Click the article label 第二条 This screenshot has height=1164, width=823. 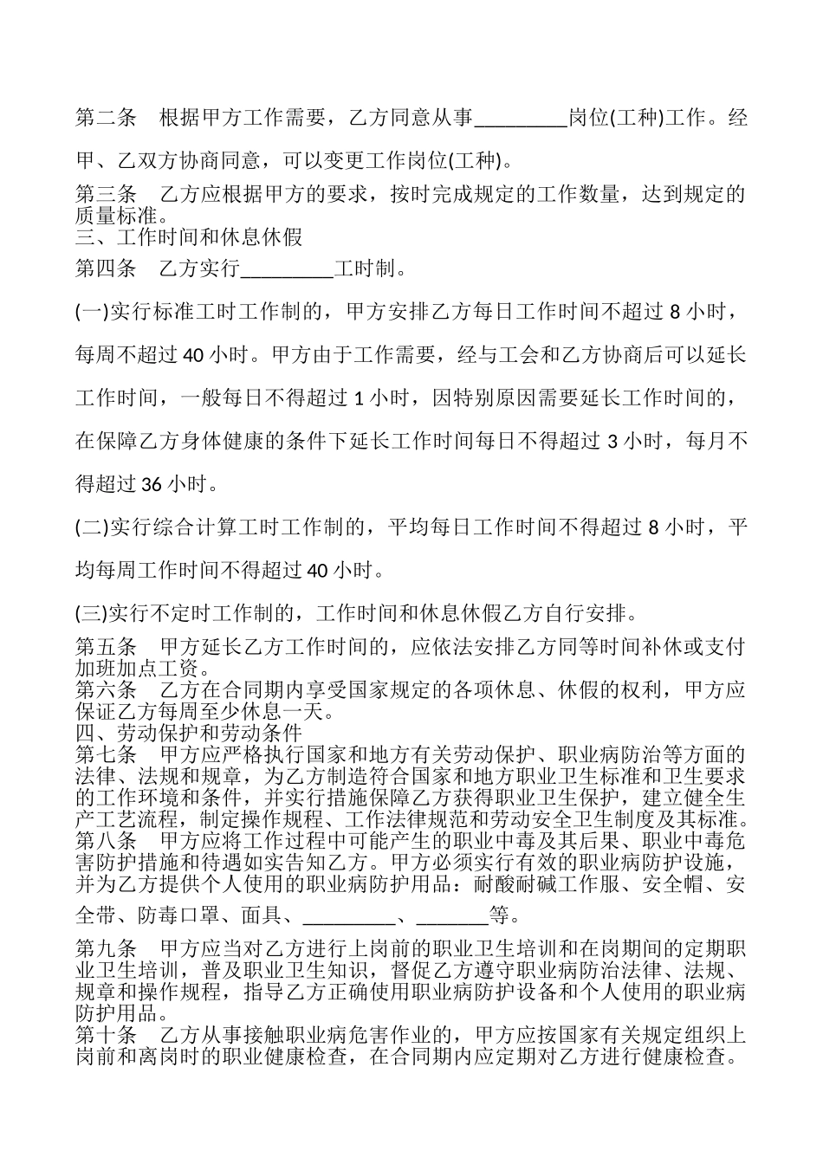106,118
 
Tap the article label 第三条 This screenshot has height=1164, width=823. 106,194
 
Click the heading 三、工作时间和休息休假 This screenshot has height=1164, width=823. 189,236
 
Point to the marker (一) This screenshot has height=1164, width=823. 91,312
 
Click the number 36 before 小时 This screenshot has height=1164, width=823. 152,484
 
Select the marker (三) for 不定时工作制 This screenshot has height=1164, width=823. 91,615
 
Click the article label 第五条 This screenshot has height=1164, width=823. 106,647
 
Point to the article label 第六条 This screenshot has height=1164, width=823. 106,690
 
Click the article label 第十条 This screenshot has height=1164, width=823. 106,1036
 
